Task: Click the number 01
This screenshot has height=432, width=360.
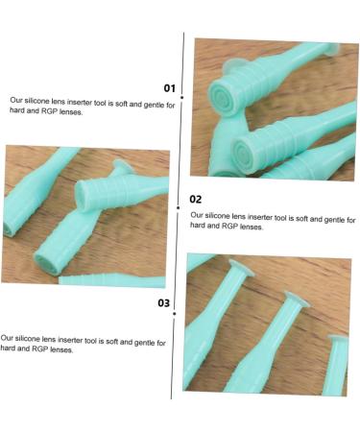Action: pyautogui.click(x=169, y=88)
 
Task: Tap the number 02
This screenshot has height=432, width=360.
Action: pyautogui.click(x=196, y=200)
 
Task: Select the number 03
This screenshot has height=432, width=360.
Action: pyautogui.click(x=164, y=303)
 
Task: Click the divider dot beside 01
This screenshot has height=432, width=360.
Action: pyautogui.click(x=183, y=96)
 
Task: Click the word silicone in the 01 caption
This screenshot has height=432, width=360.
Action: pyautogui.click(x=39, y=100)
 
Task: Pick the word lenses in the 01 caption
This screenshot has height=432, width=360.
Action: pyautogui.click(x=68, y=111)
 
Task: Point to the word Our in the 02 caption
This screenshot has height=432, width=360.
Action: pyautogui.click(x=197, y=216)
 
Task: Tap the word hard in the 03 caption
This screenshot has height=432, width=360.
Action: pyautogui.click(x=9, y=349)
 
